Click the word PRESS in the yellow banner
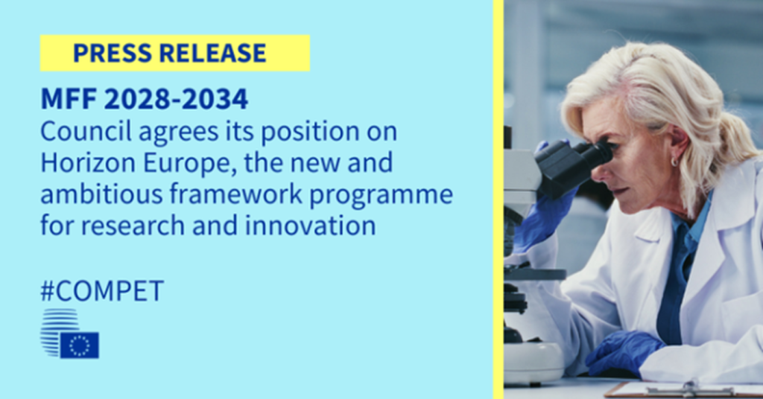point(113,53)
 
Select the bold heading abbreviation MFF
point(69,99)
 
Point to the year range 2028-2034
point(176,99)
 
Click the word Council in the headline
point(86,131)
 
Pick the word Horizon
point(88,163)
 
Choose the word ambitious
point(101,194)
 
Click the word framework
point(236,194)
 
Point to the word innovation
point(311,226)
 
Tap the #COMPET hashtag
point(102,291)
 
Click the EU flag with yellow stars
point(79,345)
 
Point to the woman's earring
point(674,162)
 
